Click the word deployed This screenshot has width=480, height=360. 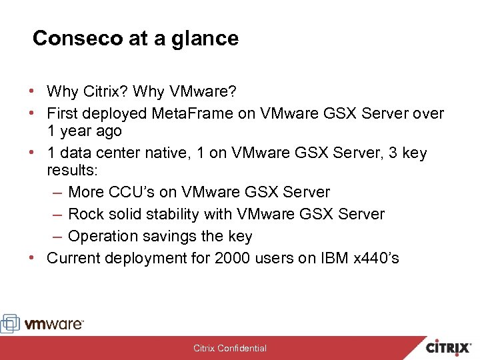click(x=115, y=114)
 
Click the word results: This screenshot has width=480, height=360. click(x=72, y=170)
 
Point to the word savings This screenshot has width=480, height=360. click(x=173, y=236)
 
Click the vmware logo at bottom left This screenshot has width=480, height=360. click(x=43, y=324)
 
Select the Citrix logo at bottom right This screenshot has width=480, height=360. click(x=448, y=347)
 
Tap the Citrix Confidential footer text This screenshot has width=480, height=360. click(x=230, y=348)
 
